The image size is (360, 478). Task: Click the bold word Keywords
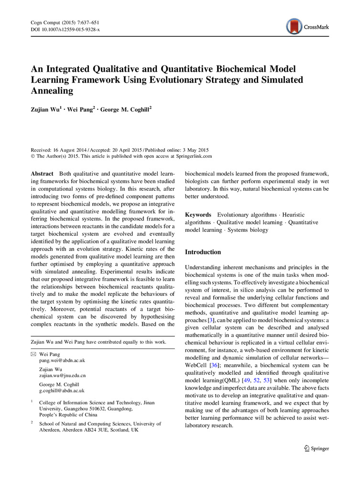[x=198, y=215]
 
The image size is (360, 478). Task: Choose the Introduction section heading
[x=203, y=252]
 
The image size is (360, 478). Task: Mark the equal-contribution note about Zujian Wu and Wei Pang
[x=98, y=342]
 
